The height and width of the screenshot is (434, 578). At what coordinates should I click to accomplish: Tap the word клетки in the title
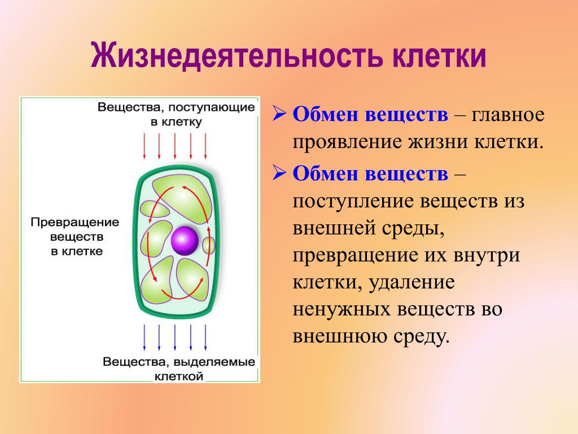(439, 56)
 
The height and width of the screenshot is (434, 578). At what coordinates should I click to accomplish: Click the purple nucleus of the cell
(185, 241)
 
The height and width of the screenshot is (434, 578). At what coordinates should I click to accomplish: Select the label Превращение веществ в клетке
(75, 237)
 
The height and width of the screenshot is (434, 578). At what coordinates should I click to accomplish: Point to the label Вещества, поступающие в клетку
(176, 114)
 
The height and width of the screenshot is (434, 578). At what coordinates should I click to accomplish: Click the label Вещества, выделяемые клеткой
(179, 368)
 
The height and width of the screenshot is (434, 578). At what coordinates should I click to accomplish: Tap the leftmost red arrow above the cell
(144, 146)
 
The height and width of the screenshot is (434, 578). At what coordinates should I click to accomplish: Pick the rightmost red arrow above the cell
(205, 146)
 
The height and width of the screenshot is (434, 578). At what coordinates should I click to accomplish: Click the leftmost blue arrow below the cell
(144, 337)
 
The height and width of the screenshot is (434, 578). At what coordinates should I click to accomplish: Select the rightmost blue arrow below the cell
(205, 337)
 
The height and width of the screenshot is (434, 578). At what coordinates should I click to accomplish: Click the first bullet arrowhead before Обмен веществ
(279, 114)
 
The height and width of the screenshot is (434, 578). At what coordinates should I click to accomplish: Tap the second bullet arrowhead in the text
(279, 173)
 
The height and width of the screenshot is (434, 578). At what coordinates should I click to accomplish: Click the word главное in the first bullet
(507, 114)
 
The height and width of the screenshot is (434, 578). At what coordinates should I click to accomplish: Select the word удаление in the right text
(411, 283)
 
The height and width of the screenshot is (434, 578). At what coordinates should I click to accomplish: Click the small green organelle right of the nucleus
(209, 245)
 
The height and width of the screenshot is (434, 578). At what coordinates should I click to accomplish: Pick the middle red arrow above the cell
(175, 146)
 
